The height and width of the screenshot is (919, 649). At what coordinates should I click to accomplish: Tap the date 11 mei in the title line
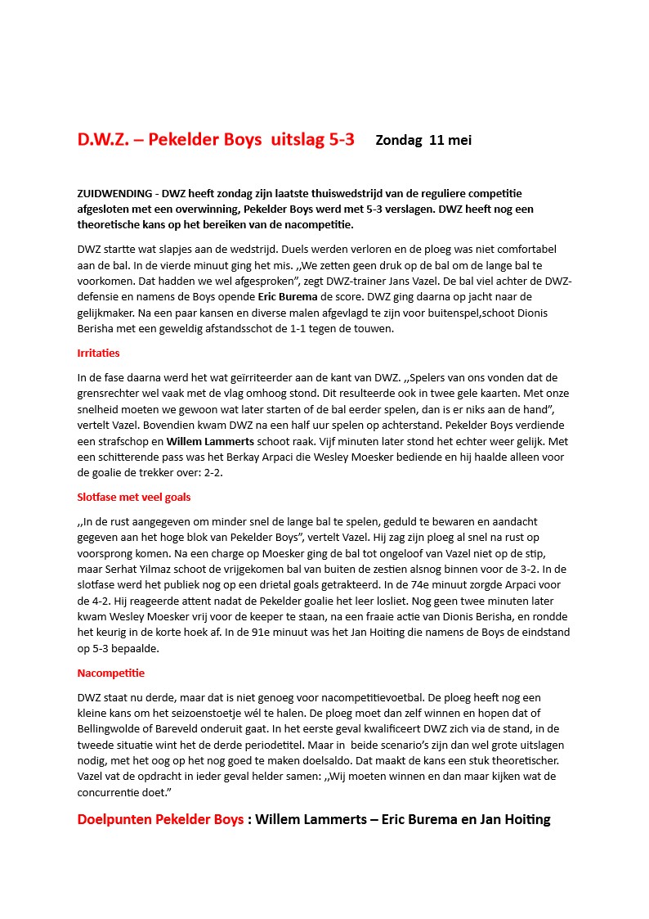click(x=450, y=140)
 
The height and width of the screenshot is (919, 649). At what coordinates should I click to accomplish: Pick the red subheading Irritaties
click(x=98, y=354)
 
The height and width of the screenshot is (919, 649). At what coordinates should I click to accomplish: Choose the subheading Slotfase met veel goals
click(x=134, y=497)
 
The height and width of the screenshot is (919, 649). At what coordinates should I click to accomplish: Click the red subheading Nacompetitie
click(x=110, y=673)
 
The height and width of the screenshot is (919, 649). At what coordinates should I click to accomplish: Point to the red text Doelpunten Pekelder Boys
click(x=160, y=819)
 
